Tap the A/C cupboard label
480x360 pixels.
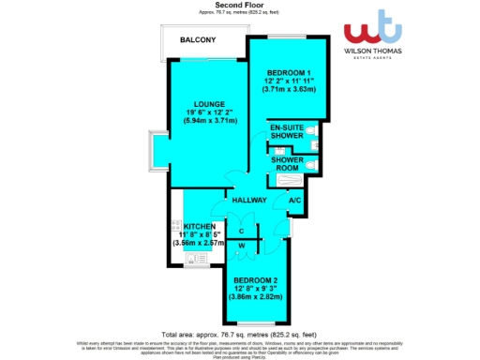pos(294,201)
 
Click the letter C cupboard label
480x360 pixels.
pos(242,231)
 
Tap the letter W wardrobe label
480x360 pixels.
pos(242,246)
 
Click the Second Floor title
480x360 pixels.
pos(239,5)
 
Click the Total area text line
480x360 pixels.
pos(239,335)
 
